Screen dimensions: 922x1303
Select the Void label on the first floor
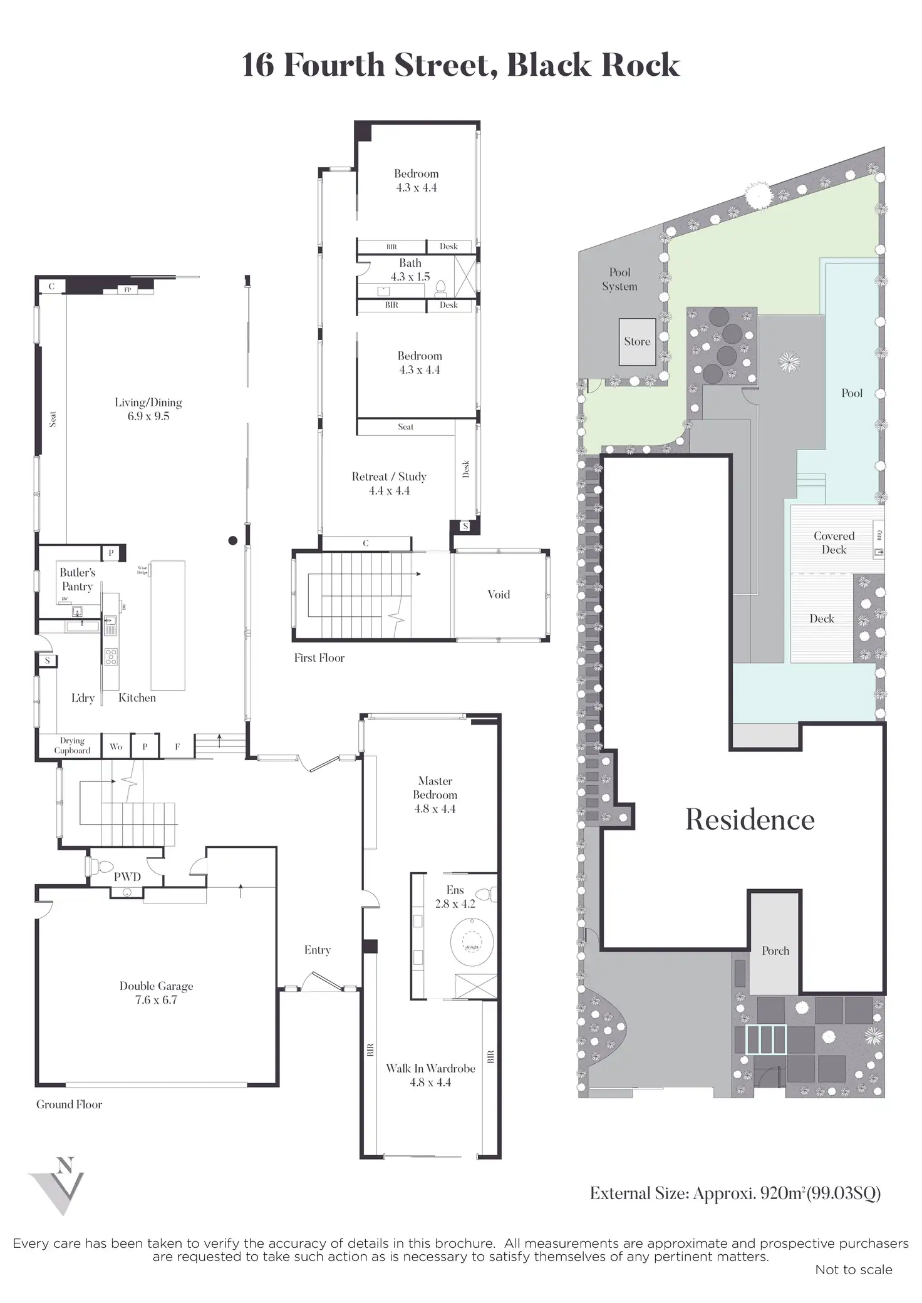(499, 594)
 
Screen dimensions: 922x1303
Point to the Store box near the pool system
(637, 342)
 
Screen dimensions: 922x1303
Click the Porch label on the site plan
(775, 950)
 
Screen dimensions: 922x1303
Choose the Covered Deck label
(834, 543)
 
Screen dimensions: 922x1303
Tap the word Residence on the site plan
(750, 820)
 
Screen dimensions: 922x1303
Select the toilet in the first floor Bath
(440, 288)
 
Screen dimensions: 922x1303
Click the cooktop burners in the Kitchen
(111, 657)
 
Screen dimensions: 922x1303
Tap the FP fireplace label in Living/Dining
(128, 290)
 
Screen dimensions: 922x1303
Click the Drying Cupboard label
(72, 746)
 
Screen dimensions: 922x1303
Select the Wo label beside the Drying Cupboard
(116, 746)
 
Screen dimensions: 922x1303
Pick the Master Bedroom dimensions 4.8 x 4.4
(435, 808)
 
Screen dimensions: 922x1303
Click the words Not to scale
(853, 1269)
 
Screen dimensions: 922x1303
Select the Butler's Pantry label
(77, 579)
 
